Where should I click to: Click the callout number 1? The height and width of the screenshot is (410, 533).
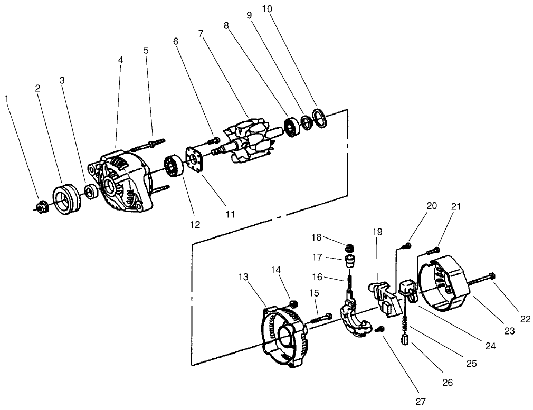pyautogui.click(x=6, y=99)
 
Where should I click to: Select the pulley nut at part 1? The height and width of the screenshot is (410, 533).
pyautogui.click(x=40, y=207)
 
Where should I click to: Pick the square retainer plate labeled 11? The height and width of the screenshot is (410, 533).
pyautogui.click(x=195, y=159)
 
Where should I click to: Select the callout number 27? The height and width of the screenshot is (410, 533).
pyautogui.click(x=420, y=401)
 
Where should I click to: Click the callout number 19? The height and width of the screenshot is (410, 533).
pyautogui.click(x=377, y=232)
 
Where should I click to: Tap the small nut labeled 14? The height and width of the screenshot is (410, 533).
pyautogui.click(x=294, y=303)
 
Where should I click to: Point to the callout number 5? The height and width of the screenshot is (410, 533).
pyautogui.click(x=146, y=50)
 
